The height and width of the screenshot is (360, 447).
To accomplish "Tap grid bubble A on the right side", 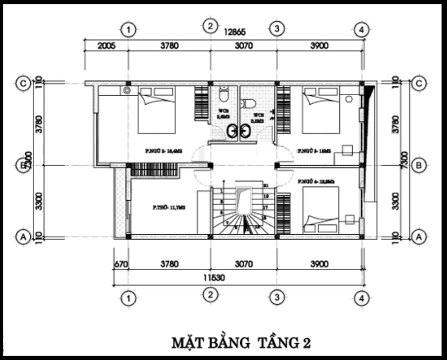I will click(419, 236).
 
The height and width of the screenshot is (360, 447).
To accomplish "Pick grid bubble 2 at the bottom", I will click(210, 295).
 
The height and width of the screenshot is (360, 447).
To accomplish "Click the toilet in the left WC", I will click(223, 95).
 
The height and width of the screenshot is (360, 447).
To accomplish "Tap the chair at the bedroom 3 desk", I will click(348, 149).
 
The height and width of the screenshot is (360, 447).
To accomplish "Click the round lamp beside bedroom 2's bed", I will click(127, 90).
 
